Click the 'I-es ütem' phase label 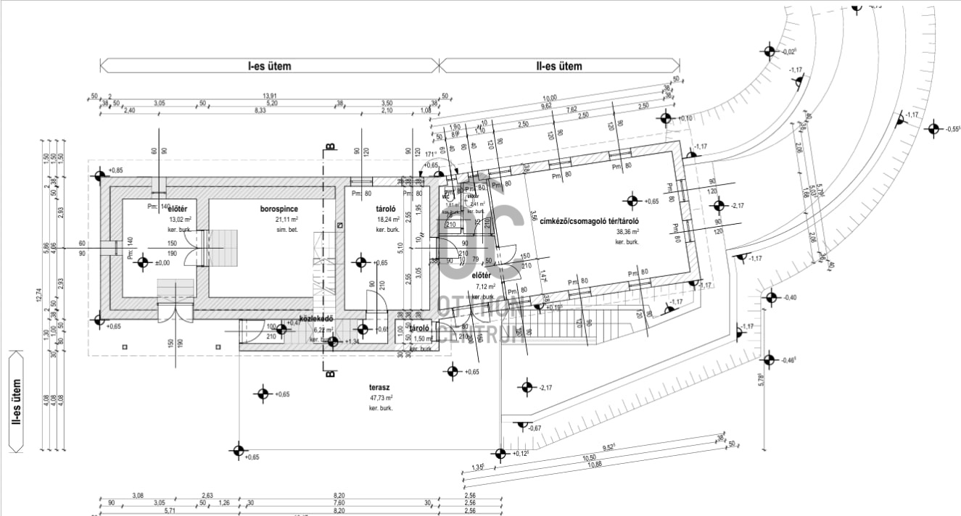(x=269, y=66)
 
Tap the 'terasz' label (x=379, y=388)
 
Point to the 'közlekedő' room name (x=315, y=319)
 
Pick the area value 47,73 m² (x=379, y=398)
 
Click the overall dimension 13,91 (x=270, y=96)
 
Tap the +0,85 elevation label (x=116, y=170)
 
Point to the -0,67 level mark (x=535, y=428)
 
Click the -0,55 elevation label (x=952, y=129)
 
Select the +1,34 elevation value (x=352, y=341)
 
